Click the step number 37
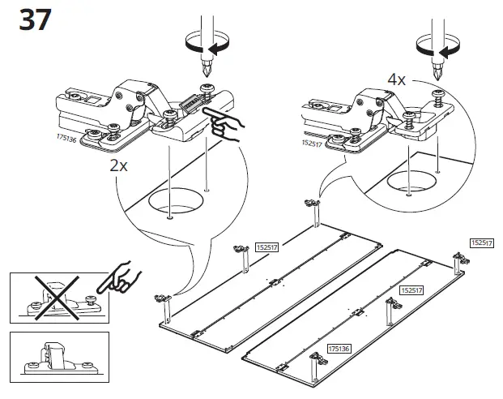click(x=35, y=19)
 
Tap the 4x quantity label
click(x=397, y=79)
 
